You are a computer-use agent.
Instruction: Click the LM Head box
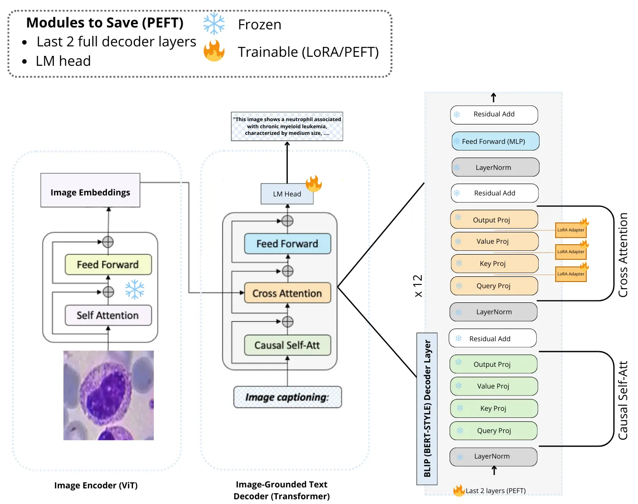[287, 194]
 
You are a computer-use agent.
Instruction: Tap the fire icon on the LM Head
[313, 184]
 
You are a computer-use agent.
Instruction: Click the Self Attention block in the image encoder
[108, 315]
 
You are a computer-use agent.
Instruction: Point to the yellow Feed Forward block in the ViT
[108, 265]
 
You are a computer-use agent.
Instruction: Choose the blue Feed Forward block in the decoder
[287, 244]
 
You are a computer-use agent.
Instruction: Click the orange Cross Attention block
[287, 293]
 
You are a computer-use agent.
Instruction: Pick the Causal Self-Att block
[287, 345]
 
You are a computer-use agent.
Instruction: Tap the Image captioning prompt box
[287, 397]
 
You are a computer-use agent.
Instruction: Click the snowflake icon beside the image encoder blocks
[135, 289]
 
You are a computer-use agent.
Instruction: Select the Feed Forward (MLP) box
[495, 141]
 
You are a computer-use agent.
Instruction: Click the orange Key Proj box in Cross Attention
[495, 264]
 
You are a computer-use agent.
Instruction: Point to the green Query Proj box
[494, 431]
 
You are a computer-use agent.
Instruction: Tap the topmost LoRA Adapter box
[571, 230]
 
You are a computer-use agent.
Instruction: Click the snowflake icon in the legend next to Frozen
[214, 24]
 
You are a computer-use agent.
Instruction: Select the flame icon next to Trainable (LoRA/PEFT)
[214, 51]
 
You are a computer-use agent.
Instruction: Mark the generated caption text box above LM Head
[287, 126]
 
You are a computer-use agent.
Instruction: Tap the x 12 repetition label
[418, 285]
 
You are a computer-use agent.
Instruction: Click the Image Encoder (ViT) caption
[96, 486]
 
